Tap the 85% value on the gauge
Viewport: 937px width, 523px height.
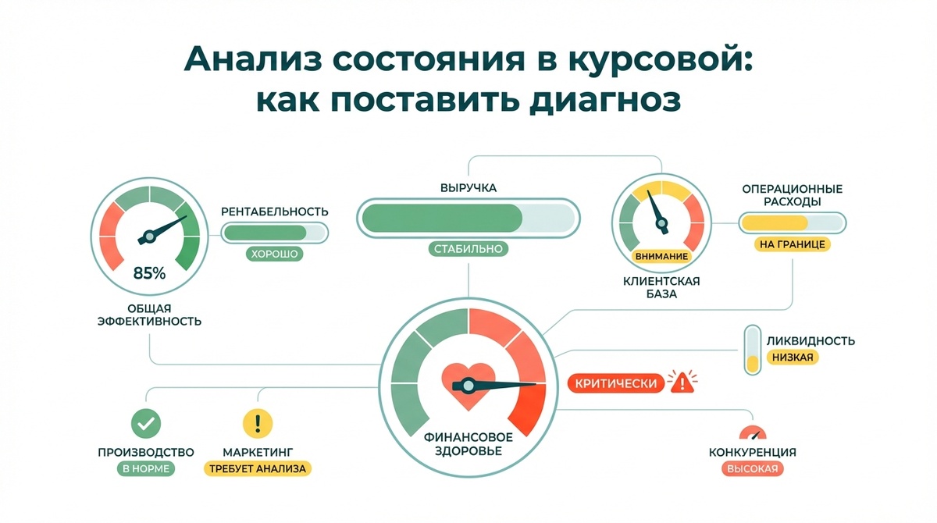pyautogui.click(x=150, y=273)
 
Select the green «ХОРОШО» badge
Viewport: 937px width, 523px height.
pyautogui.click(x=273, y=254)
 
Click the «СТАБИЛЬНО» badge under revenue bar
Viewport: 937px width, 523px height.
pyautogui.click(x=468, y=249)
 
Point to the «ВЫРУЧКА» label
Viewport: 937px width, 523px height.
pyautogui.click(x=467, y=188)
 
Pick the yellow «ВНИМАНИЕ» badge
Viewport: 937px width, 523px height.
pyautogui.click(x=661, y=256)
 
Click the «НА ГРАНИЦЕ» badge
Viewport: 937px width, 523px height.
pyautogui.click(x=793, y=244)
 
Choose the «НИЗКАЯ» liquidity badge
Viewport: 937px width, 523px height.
pyautogui.click(x=793, y=358)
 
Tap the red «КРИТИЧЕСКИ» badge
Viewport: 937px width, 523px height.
pyautogui.click(x=614, y=383)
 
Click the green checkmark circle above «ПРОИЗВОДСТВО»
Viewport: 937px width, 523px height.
pyautogui.click(x=146, y=423)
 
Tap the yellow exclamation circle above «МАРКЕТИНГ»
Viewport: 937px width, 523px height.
pyautogui.click(x=258, y=423)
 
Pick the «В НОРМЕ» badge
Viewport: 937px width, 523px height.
pyautogui.click(x=146, y=469)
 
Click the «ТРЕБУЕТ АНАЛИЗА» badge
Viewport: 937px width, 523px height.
pyautogui.click(x=258, y=469)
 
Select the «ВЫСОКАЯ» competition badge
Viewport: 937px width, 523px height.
pyautogui.click(x=752, y=469)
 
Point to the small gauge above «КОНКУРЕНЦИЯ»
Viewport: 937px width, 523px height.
pyautogui.click(x=752, y=433)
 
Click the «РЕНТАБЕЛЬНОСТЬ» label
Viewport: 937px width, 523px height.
pyautogui.click(x=274, y=212)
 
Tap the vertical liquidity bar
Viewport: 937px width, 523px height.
pyautogui.click(x=752, y=350)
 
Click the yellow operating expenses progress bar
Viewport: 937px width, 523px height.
pyautogui.click(x=793, y=224)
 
